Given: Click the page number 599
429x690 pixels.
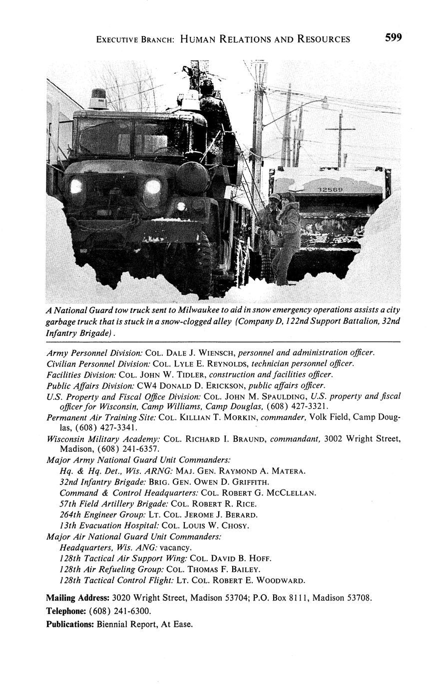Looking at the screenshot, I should (393, 38).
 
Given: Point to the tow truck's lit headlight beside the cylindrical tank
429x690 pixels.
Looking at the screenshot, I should (152, 187).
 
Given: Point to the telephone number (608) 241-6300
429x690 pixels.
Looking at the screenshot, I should (120, 610).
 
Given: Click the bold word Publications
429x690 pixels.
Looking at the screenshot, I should (70, 624).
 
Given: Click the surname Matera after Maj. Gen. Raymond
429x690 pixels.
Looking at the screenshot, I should (287, 470).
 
